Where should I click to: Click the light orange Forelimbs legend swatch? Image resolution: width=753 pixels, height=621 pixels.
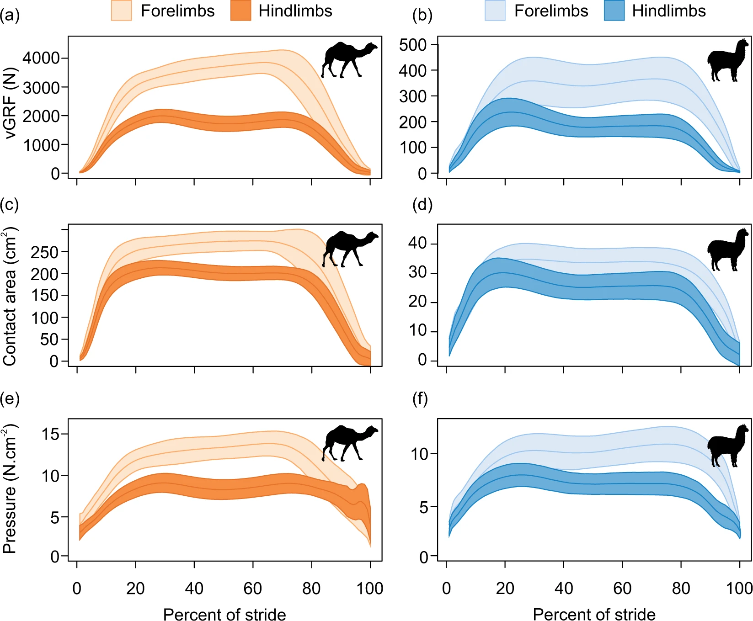[x=121, y=11]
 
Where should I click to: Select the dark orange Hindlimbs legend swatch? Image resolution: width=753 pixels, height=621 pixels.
[x=241, y=11]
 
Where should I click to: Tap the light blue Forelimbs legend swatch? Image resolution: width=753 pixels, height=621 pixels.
[x=495, y=11]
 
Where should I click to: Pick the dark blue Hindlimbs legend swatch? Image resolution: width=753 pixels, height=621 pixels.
[x=614, y=11]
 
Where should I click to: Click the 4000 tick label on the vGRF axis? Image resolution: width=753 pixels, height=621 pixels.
[x=42, y=58]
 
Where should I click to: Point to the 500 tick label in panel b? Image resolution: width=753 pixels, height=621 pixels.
[x=412, y=45]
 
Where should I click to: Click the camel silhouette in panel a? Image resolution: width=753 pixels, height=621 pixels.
[x=349, y=60]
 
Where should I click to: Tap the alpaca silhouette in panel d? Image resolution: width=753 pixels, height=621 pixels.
[x=728, y=249]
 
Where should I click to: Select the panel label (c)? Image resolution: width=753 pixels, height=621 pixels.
[x=10, y=204]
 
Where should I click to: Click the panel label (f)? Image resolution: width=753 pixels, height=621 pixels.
[x=420, y=399]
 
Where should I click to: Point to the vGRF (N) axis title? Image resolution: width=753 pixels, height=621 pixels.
[x=10, y=103]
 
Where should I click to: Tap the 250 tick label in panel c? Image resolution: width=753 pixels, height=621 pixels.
[x=44, y=252]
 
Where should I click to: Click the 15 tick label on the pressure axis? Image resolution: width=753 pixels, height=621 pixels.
[x=51, y=434]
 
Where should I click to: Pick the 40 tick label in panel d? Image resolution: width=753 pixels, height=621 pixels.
[x=417, y=243]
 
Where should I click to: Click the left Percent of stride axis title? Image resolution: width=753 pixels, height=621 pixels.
[x=224, y=614]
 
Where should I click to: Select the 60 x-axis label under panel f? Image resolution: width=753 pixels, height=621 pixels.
[x=622, y=588]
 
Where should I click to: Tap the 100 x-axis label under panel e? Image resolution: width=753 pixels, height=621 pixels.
[x=370, y=588]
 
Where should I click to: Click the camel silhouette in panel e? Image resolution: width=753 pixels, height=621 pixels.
[x=350, y=443]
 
